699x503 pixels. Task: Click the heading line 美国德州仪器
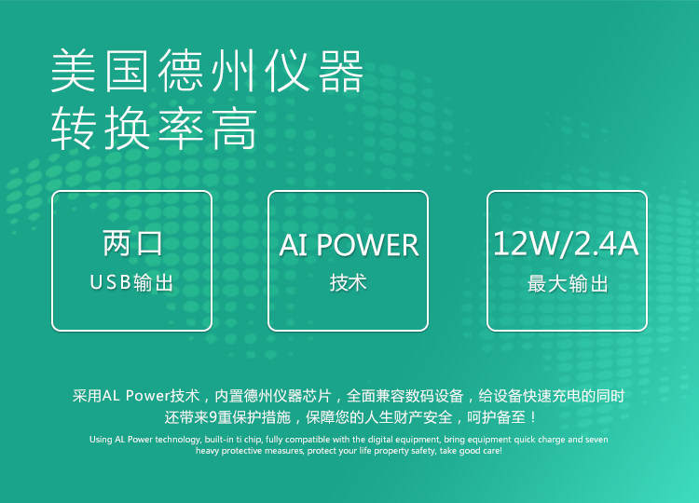pyautogui.click(x=206, y=72)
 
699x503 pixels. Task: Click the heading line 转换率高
pyautogui.click(x=154, y=130)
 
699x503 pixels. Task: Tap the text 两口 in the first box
pyautogui.click(x=132, y=244)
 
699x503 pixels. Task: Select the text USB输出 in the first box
pyautogui.click(x=131, y=282)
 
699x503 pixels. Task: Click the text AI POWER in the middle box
pyautogui.click(x=349, y=245)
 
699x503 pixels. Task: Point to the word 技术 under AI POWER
pyautogui.click(x=349, y=283)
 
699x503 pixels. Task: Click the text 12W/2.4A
pyautogui.click(x=566, y=244)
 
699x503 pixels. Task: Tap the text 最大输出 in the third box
pyautogui.click(x=567, y=283)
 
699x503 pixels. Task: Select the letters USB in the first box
pyautogui.click(x=110, y=282)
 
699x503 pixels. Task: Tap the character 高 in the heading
pyautogui.click(x=234, y=130)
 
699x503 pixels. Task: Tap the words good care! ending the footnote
pyautogui.click(x=480, y=451)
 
